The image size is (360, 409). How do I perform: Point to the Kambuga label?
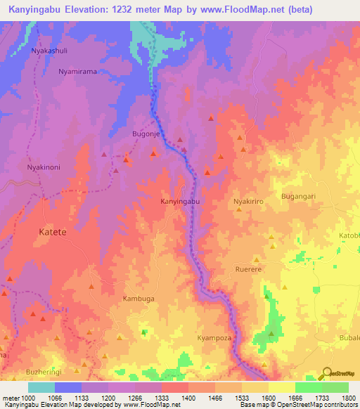point(139,299)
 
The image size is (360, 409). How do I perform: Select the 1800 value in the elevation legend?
point(349,398)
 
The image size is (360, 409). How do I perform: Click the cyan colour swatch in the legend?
point(41,387)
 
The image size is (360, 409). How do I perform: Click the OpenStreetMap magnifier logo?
point(327,372)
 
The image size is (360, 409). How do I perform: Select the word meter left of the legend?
point(11,398)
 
